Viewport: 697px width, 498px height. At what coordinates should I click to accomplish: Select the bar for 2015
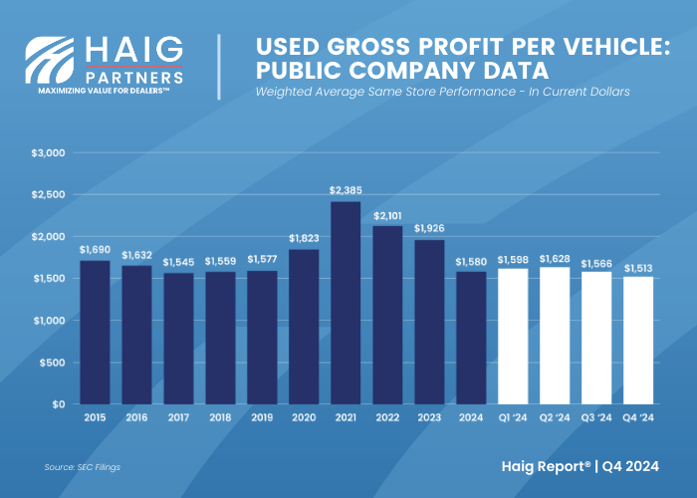click(x=95, y=332)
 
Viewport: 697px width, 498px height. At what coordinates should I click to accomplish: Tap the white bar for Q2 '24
click(x=555, y=335)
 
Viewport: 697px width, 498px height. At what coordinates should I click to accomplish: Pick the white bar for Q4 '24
click(x=638, y=340)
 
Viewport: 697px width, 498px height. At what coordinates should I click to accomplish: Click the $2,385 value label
click(x=346, y=189)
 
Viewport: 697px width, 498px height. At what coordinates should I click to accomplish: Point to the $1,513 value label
click(x=638, y=267)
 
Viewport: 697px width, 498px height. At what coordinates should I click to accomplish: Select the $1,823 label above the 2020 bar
click(x=304, y=238)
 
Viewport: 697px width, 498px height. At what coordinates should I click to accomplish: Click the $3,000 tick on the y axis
click(x=49, y=152)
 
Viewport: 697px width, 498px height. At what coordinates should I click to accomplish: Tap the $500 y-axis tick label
click(x=52, y=363)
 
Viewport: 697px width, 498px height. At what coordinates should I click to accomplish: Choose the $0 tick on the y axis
click(x=57, y=404)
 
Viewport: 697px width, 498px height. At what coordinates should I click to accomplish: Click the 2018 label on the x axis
click(x=220, y=418)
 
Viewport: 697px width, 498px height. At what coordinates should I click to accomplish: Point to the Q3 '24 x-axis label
click(x=596, y=418)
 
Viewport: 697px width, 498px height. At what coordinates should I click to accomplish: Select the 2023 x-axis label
click(x=429, y=418)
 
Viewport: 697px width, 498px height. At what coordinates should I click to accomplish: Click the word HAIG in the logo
click(x=134, y=50)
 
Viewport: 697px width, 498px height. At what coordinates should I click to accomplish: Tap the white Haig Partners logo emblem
click(x=51, y=62)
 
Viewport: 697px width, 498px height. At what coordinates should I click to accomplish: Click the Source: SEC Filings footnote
click(x=83, y=466)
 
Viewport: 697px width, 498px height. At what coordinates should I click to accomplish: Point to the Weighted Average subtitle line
click(x=442, y=92)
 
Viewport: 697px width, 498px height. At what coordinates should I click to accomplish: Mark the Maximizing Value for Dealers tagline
click(x=104, y=90)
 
